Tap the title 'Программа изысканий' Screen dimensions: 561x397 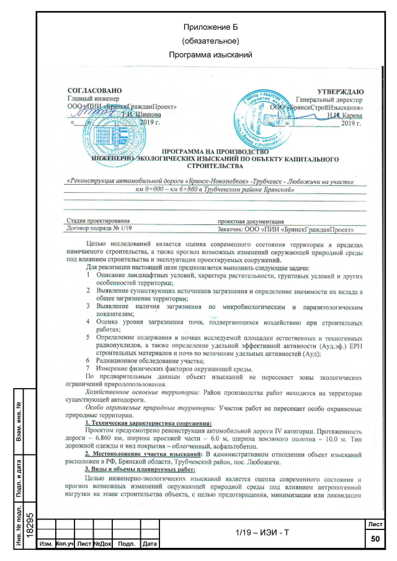212,55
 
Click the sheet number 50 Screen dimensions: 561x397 375,540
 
